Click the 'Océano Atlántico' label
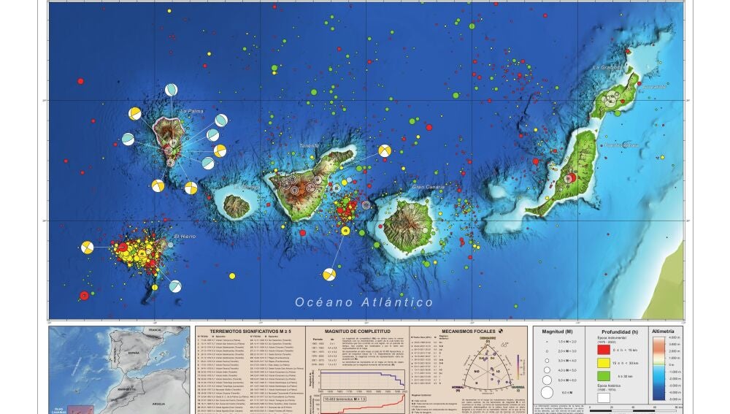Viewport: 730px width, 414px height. click(364, 302)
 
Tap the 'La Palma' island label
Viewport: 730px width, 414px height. click(191, 112)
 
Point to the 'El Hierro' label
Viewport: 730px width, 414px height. click(185, 237)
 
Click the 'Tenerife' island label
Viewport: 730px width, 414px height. click(311, 146)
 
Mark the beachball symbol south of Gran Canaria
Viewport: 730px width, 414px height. click(329, 275)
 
